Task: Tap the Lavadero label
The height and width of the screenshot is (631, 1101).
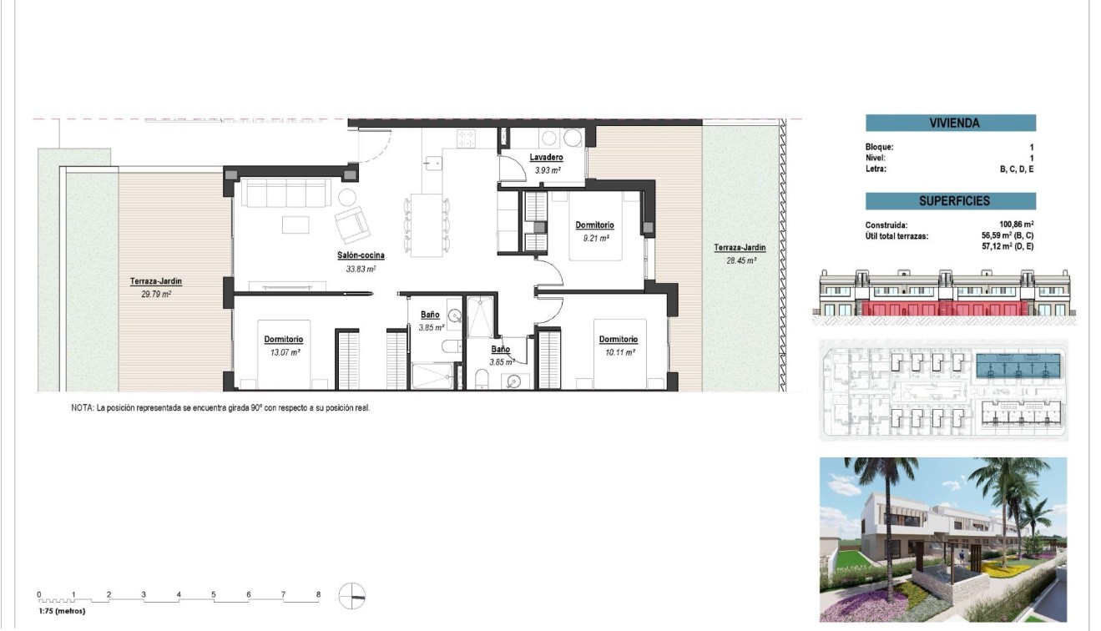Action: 546,158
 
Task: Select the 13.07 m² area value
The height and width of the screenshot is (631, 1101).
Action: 284,352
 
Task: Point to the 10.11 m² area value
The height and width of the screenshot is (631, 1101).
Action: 618,352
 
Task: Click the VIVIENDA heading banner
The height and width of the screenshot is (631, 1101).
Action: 950,124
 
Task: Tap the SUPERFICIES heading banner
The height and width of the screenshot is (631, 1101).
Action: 950,201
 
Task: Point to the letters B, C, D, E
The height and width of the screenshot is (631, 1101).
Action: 1017,169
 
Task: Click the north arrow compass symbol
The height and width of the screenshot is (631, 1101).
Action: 352,596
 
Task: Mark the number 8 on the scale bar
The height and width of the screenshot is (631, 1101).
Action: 318,595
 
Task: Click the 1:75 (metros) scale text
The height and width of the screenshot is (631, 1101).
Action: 62,611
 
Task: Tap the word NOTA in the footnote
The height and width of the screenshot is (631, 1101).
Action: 82,408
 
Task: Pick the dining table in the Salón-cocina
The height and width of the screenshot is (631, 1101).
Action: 426,225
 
